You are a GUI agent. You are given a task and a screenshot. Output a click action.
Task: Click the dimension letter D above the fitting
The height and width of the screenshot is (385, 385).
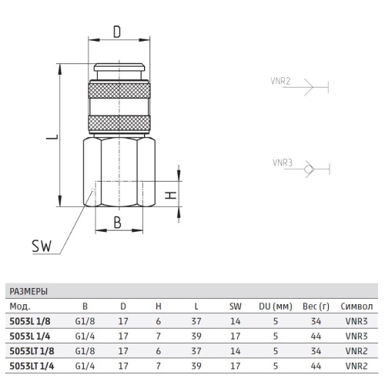point(117,32)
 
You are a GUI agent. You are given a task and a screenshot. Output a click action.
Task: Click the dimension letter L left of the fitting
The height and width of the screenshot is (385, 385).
point(52,136)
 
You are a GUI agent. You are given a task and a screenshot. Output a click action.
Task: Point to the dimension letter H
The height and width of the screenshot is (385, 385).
point(171,196)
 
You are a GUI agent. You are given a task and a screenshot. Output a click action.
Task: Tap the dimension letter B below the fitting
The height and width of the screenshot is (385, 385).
point(118,223)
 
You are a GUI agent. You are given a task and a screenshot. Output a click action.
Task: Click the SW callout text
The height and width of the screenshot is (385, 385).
point(42,246)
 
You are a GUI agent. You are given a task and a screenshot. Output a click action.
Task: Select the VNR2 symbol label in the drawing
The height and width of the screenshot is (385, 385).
point(280,81)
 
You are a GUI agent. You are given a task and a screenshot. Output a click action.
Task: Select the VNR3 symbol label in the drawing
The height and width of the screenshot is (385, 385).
point(283,162)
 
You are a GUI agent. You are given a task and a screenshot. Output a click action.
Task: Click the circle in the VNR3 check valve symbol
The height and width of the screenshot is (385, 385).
point(308,169)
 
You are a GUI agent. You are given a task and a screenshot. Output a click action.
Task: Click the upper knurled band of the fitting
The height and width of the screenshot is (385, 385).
point(119,90)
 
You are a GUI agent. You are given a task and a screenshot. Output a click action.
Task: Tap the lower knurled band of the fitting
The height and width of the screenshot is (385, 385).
point(119,123)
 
